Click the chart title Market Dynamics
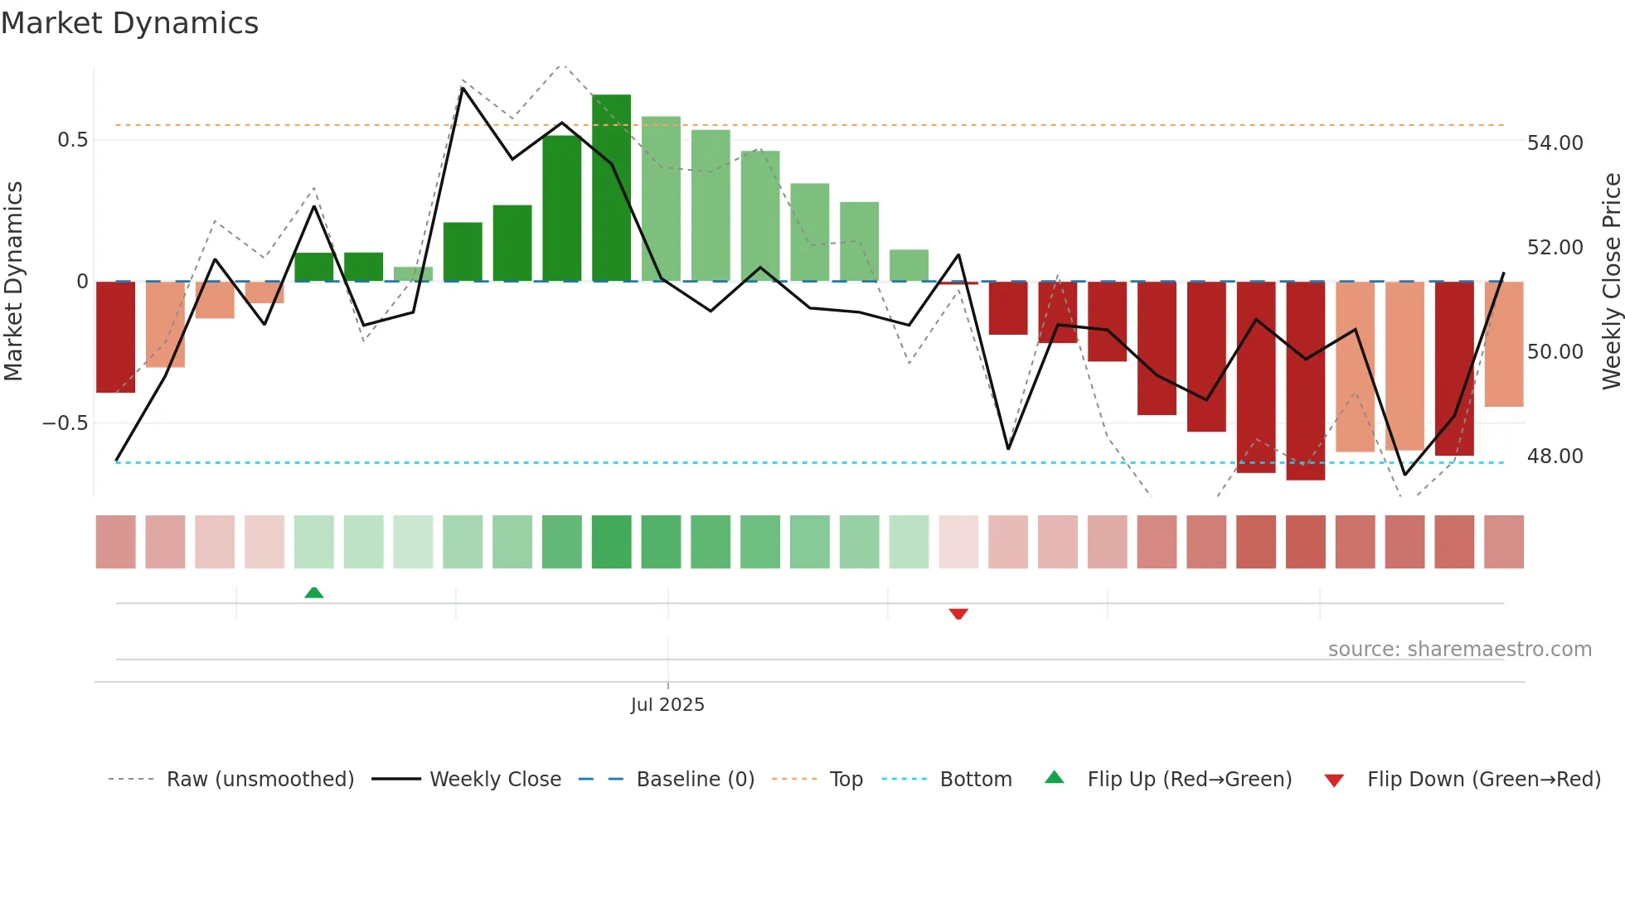click(129, 23)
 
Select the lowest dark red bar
click(1305, 381)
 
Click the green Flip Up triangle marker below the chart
click(313, 592)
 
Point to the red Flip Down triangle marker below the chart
click(958, 614)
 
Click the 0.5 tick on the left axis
click(73, 140)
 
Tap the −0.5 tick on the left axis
click(65, 423)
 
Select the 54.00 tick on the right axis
click(1555, 143)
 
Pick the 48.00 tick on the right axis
click(1555, 456)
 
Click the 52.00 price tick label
click(1555, 248)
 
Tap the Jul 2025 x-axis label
click(667, 705)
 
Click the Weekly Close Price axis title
click(1611, 282)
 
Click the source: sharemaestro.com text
click(1459, 650)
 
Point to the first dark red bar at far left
click(115, 337)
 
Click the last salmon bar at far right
click(1503, 344)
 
